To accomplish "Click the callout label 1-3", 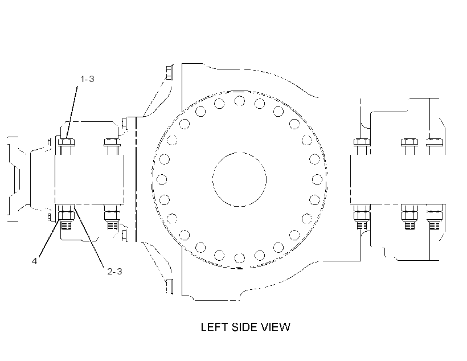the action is (87, 79).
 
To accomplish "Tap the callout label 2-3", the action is (114, 272).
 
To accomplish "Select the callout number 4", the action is (35, 261).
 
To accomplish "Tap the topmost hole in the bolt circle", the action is (239, 101).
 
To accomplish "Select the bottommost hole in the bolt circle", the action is (239, 258).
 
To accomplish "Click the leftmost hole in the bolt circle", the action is (162, 179).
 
